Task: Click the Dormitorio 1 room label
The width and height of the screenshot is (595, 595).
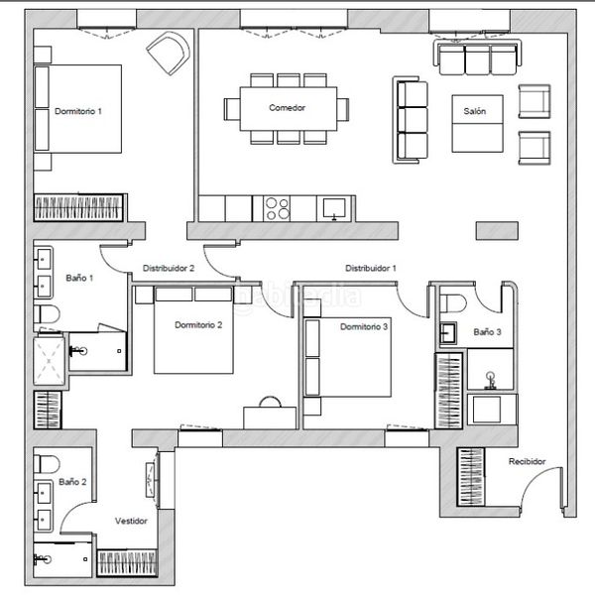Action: click(x=78, y=111)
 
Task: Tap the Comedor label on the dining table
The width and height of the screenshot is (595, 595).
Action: click(x=287, y=108)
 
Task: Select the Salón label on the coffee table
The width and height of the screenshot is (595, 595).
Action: click(x=475, y=111)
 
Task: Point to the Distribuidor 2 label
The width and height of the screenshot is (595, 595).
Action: click(x=169, y=268)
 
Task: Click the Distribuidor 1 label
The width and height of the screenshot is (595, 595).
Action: click(x=371, y=268)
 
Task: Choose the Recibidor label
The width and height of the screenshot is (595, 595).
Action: click(x=528, y=461)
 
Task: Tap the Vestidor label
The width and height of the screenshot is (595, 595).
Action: click(x=131, y=521)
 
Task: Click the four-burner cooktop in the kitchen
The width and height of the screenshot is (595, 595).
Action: click(x=278, y=208)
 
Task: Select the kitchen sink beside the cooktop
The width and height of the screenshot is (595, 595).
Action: click(x=334, y=208)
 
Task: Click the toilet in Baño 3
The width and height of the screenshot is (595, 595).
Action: click(x=453, y=303)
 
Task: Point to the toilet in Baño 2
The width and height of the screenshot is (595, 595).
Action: click(x=47, y=464)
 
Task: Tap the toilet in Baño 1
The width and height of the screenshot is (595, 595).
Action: click(x=47, y=314)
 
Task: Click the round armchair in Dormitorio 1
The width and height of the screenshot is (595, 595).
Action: click(x=169, y=53)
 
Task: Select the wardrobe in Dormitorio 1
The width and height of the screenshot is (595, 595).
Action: click(x=78, y=207)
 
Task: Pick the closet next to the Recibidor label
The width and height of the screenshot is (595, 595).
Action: click(x=471, y=477)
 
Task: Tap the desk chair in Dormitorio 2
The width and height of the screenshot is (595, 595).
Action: click(x=270, y=402)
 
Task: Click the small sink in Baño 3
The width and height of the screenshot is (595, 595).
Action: click(x=448, y=333)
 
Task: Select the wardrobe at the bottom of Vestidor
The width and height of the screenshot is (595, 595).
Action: click(x=127, y=563)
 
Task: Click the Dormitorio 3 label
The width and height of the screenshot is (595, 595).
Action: click(x=364, y=326)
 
